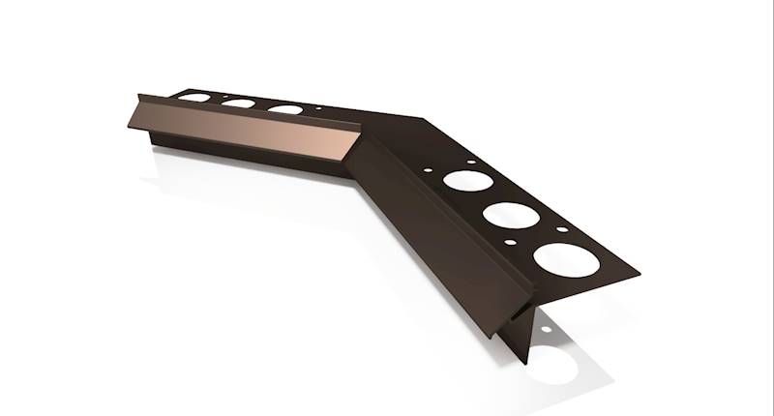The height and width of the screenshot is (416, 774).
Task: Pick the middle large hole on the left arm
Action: tap(238, 103)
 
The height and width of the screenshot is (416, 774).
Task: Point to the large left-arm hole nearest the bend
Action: tap(283, 110)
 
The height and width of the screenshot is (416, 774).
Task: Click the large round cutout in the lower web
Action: tap(555, 371)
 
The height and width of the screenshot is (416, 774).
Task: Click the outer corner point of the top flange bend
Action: tap(420, 119)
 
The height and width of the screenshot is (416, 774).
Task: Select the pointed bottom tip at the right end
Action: tap(528, 363)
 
